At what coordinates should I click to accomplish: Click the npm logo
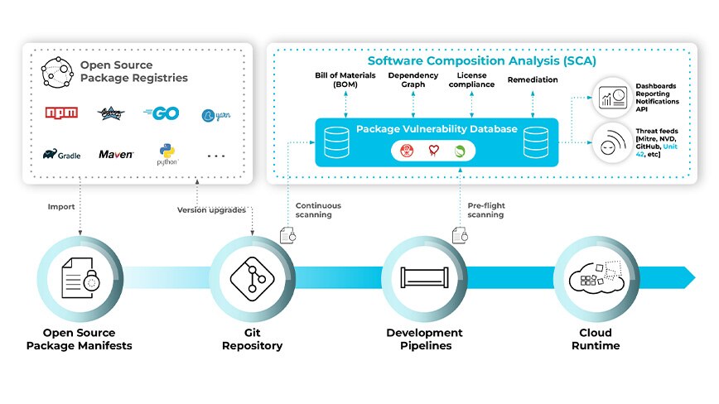pos(63,113)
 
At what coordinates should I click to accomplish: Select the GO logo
pos(162,113)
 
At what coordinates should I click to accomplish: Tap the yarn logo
pos(215,115)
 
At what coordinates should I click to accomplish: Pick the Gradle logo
pos(62,154)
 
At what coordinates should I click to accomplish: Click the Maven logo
pos(116,154)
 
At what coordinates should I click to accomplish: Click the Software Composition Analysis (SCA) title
pos(481,61)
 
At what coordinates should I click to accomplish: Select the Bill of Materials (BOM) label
pos(345,80)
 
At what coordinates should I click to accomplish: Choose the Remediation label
pos(532,80)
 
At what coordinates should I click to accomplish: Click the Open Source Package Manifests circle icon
pos(80,277)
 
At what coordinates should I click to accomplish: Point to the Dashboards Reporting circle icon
pos(609,98)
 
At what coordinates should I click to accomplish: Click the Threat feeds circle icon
pos(609,144)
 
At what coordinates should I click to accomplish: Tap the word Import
pos(61,207)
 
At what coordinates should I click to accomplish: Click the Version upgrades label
pos(211,210)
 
